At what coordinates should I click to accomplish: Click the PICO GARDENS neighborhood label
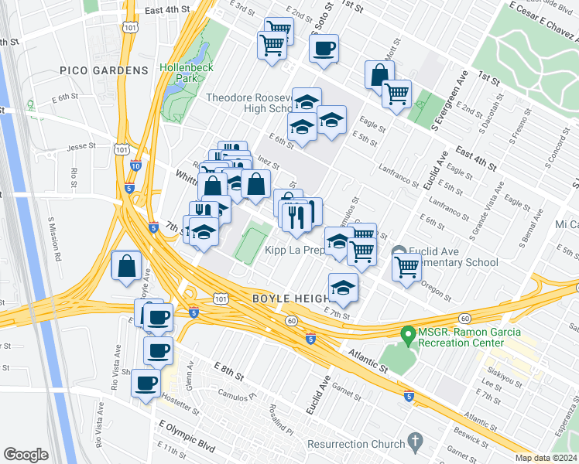pyautogui.click(x=104, y=70)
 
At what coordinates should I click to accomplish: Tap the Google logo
pyautogui.click(x=26, y=455)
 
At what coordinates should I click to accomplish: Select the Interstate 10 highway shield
pyautogui.click(x=136, y=165)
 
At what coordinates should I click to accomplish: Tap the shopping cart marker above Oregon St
pyautogui.click(x=406, y=268)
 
